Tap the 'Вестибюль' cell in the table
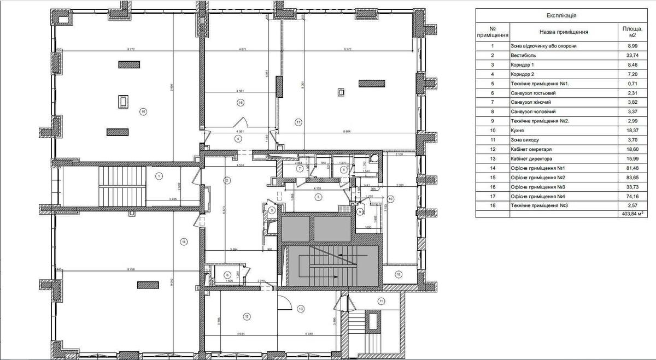pyautogui.click(x=524, y=56)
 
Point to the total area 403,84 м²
pyautogui.click(x=629, y=214)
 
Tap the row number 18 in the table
pyautogui.click(x=492, y=205)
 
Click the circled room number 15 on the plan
pyautogui.click(x=143, y=111)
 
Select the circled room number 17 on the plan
pyautogui.click(x=298, y=121)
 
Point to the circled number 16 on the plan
pyautogui.click(x=240, y=102)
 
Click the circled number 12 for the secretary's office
pyautogui.click(x=247, y=316)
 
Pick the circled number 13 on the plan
pyautogui.click(x=301, y=309)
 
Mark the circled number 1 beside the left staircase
pyautogui.click(x=159, y=176)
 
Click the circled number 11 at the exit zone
pyautogui.click(x=381, y=300)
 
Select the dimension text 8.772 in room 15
pyautogui.click(x=131, y=49)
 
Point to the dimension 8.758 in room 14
pyautogui.click(x=131, y=269)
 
